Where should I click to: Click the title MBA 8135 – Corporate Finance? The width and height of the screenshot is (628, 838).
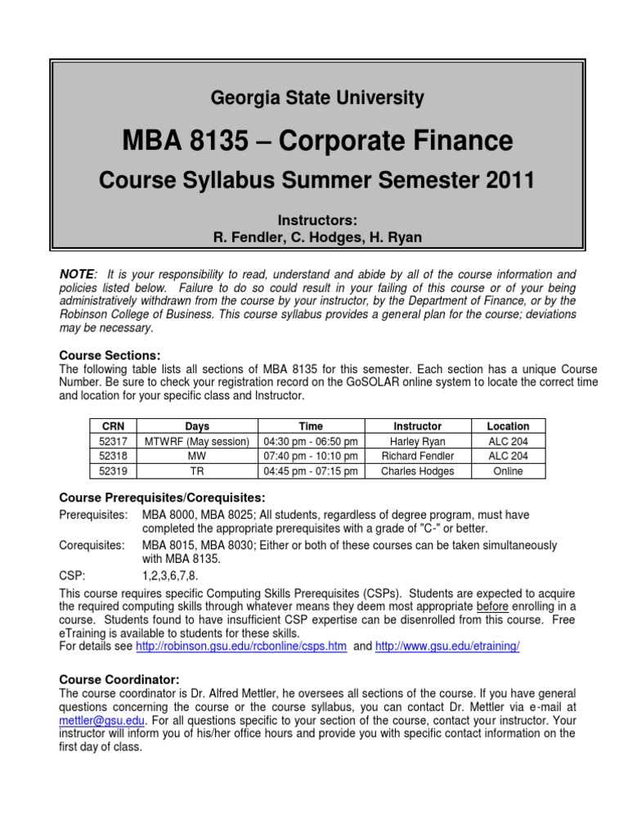pyautogui.click(x=317, y=142)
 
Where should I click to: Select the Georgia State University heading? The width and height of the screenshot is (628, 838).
pyautogui.click(x=317, y=99)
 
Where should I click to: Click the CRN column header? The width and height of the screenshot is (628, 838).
pyautogui.click(x=113, y=426)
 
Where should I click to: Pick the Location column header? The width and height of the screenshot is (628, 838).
pyautogui.click(x=508, y=426)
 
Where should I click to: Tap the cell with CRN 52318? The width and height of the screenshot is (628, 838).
pyautogui.click(x=113, y=456)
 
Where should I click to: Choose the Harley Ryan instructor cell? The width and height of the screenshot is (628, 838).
pyautogui.click(x=417, y=441)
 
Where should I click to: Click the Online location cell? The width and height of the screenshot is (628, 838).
pyautogui.click(x=508, y=471)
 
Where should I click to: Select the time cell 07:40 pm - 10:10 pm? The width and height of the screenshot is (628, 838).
pyautogui.click(x=311, y=456)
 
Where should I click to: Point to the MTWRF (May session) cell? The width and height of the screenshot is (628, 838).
pyautogui.click(x=197, y=441)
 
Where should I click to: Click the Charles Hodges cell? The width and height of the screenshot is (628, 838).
pyautogui.click(x=417, y=471)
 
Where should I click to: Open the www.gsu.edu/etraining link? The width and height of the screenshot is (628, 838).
pyautogui.click(x=447, y=646)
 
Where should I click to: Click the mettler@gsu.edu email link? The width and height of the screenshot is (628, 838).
pyautogui.click(x=101, y=720)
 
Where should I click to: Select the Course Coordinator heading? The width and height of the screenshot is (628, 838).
pyautogui.click(x=119, y=680)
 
